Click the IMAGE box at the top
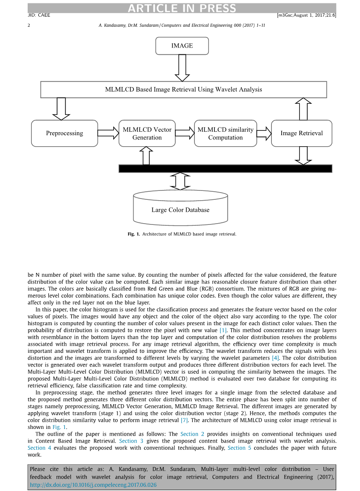coord(182,46)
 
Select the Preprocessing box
coord(65,133)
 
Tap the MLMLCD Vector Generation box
coord(147,133)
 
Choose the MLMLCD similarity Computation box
coord(226,133)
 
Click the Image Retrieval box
coord(301,133)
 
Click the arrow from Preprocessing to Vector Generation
coord(109,133)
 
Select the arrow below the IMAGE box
coord(182,68)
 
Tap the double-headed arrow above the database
coord(180,181)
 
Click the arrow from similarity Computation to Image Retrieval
coord(264,133)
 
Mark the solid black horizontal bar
coord(225,168)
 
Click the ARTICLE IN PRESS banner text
coord(182,8)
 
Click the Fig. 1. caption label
coord(134,234)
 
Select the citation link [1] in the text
coord(223,331)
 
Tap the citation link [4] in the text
coord(276,358)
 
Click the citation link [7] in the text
coord(184,420)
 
